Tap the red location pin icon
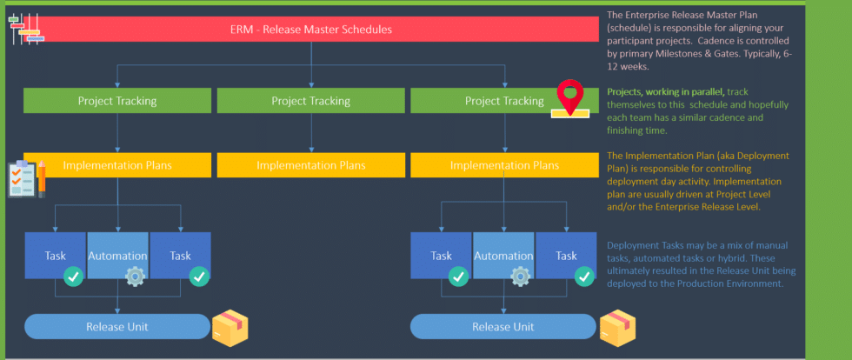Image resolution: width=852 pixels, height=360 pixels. click(x=569, y=96)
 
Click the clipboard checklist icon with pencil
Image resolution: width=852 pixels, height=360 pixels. click(x=26, y=178)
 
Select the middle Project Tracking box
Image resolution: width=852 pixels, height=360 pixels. click(x=310, y=101)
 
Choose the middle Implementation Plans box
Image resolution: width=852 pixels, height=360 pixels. click(x=310, y=164)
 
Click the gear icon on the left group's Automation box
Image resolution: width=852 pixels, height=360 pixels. click(x=135, y=277)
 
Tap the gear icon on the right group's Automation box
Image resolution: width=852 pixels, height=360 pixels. click(x=520, y=277)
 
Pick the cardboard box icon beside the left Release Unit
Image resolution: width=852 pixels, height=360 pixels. click(x=230, y=326)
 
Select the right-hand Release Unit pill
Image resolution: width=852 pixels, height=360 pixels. click(x=503, y=327)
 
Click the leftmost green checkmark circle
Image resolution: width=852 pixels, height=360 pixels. click(x=74, y=277)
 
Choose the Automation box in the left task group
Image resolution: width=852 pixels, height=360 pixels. click(x=117, y=256)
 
